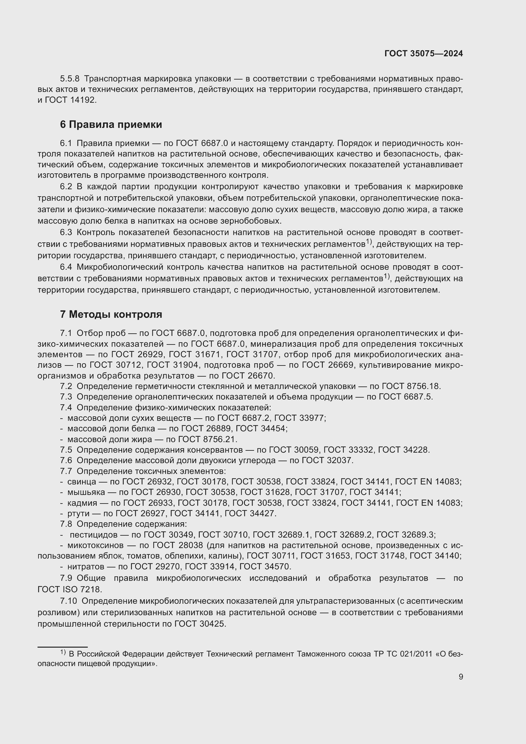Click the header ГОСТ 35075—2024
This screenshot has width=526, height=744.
coord(423,54)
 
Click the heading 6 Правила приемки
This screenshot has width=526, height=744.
coord(111,124)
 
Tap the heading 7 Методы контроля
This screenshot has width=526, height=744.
coord(111,314)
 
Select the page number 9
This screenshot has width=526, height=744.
coord(460,677)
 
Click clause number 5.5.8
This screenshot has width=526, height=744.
coord(70,79)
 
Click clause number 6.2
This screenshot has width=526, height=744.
coord(66,187)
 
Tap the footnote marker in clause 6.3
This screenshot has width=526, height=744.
coord(369,241)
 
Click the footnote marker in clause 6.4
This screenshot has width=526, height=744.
coord(387,276)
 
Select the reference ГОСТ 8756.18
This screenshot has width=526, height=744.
coord(411,386)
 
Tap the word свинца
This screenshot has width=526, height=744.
coord(82,482)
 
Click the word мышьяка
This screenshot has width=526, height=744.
coord(86,492)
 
